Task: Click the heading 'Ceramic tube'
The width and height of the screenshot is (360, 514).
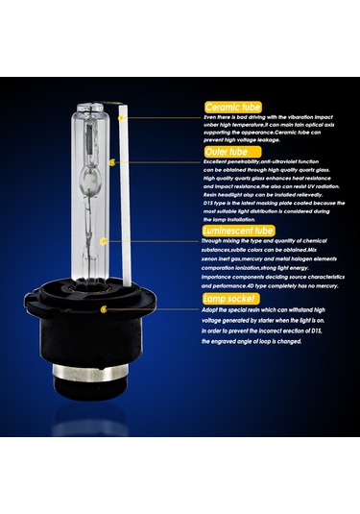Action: pyautogui.click(x=233, y=107)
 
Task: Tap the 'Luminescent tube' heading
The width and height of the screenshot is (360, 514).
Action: pyautogui.click(x=239, y=231)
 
